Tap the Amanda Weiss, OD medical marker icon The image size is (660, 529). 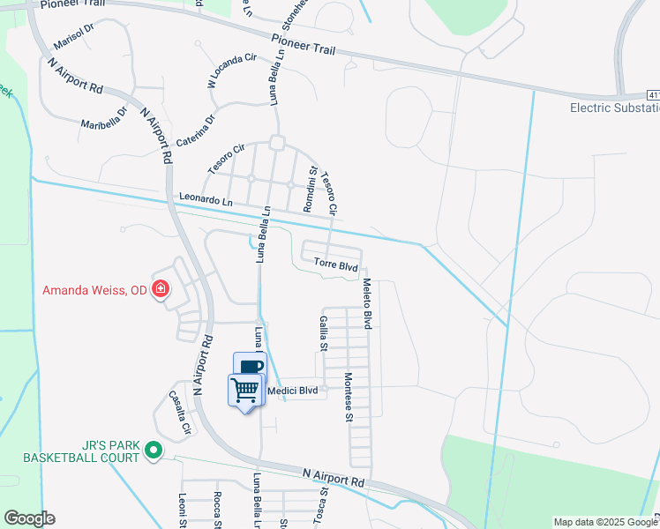161,289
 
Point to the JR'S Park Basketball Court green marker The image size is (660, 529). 154,451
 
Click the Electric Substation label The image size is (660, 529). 614,108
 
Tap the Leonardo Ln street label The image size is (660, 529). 206,200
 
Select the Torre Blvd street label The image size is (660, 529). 335,265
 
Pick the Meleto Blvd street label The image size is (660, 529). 367,303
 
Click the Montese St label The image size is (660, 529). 348,398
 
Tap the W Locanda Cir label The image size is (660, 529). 231,70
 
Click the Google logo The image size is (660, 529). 29,518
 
